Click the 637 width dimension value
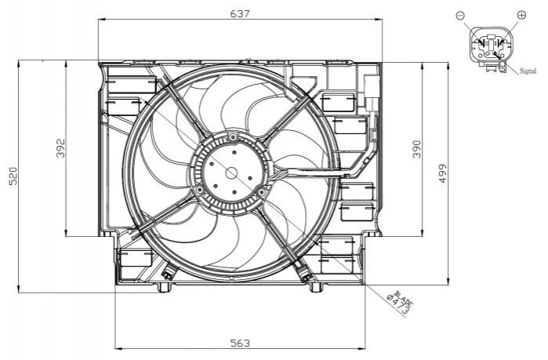tap(241, 13)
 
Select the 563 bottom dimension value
tap(241, 344)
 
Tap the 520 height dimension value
tap(13, 176)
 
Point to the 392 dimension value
tap(61, 148)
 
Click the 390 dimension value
tap(417, 149)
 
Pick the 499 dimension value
tap(443, 173)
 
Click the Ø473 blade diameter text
tap(399, 304)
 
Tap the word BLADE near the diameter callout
tap(405, 297)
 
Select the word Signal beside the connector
tap(528, 71)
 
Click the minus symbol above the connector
tap(460, 15)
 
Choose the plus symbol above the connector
tap(521, 15)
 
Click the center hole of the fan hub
tap(231, 173)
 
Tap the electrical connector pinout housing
tap(492, 47)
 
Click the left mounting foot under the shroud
tap(164, 287)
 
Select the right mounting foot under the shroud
tap(316, 287)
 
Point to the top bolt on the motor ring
tap(232, 136)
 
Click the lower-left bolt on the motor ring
tap(200, 190)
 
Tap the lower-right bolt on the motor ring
tap(261, 192)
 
